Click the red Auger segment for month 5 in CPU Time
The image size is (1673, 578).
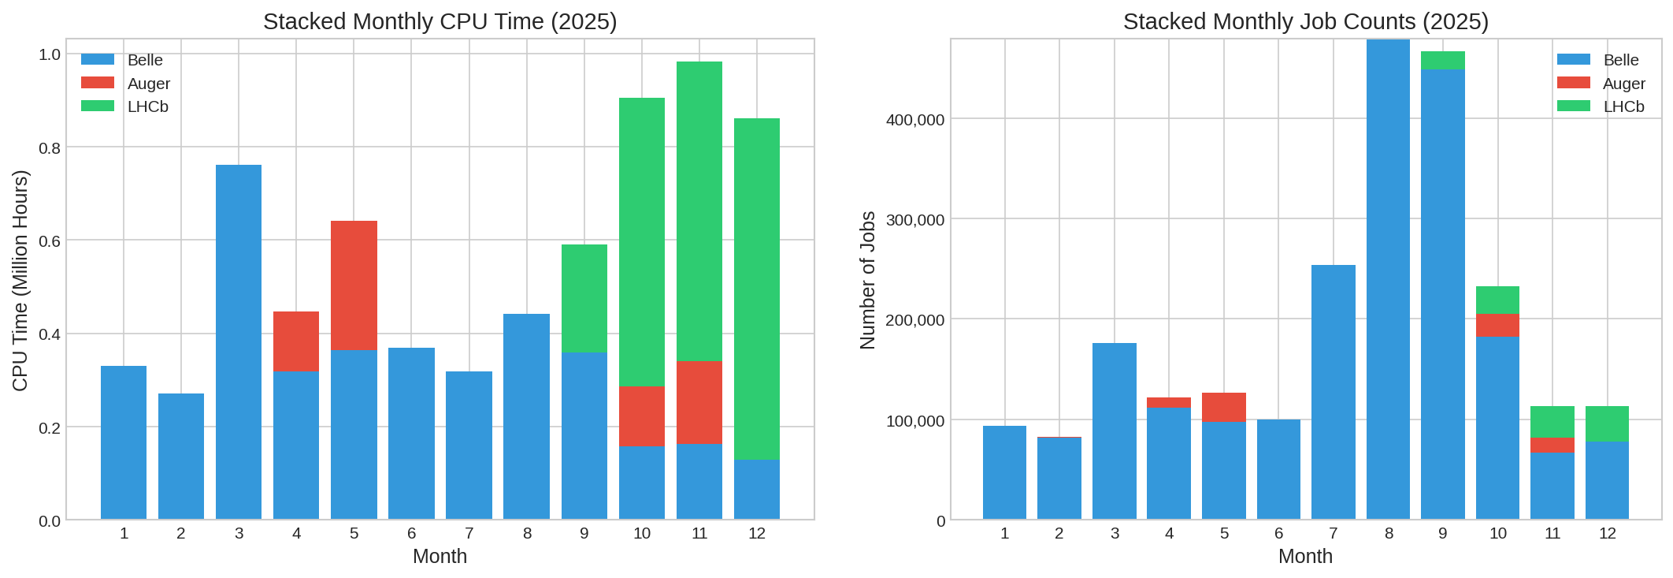pos(354,285)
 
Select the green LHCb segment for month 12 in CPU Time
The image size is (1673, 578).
pos(756,289)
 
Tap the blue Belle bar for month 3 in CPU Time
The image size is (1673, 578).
pos(239,341)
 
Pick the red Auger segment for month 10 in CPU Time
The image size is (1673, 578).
pos(641,416)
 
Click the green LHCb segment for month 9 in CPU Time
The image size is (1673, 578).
pos(584,298)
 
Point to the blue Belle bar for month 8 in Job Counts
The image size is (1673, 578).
pos(1388,279)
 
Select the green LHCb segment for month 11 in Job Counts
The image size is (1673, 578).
pos(1552,422)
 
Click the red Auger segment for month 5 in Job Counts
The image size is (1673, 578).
pos(1223,407)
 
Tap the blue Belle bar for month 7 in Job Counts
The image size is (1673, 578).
pos(1333,392)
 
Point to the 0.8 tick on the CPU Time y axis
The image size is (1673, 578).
pos(50,147)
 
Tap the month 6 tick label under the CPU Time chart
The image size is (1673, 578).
pos(411,534)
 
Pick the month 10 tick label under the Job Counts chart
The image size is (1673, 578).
pos(1497,534)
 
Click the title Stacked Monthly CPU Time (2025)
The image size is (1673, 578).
pos(440,21)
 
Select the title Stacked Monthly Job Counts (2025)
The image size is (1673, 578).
pos(1305,21)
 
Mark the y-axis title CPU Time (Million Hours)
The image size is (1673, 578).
pos(20,280)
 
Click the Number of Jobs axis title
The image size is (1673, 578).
pos(868,280)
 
